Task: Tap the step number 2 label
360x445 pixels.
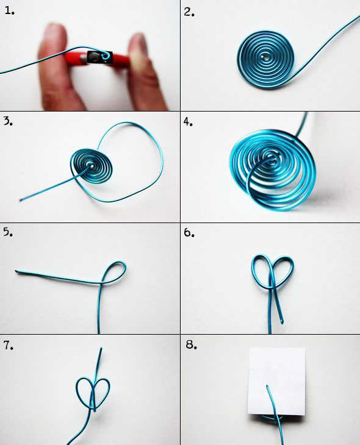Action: tap(189, 12)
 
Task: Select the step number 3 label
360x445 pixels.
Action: tap(9, 121)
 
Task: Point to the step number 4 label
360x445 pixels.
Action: tap(188, 121)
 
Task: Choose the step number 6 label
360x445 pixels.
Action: tap(189, 232)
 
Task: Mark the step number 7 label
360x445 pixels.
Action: tap(9, 345)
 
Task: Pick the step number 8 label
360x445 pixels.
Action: tap(191, 344)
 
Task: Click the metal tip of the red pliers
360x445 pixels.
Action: tap(99, 58)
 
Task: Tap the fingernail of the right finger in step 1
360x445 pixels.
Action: tap(140, 51)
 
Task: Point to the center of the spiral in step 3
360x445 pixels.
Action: tap(91, 165)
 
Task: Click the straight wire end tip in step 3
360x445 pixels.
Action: tap(21, 201)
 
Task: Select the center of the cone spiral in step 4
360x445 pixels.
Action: tap(269, 156)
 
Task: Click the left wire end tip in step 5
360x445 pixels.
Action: tap(16, 272)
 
